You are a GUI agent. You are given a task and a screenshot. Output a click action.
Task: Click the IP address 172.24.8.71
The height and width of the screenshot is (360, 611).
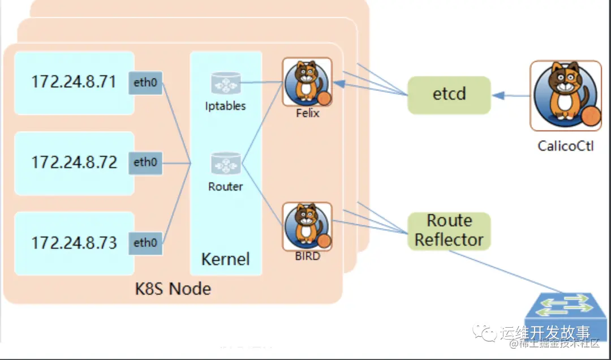click(74, 82)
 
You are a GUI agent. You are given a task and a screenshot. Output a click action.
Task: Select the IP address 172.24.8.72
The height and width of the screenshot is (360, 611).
click(74, 162)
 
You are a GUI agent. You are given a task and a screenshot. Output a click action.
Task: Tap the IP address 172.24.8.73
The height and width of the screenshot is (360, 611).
click(74, 243)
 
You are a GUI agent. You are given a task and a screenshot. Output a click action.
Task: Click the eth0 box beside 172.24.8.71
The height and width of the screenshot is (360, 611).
click(145, 83)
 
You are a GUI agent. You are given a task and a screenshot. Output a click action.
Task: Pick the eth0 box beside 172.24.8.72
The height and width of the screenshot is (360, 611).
click(145, 162)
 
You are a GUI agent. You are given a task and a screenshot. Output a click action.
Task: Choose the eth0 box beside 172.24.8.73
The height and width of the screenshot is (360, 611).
click(145, 243)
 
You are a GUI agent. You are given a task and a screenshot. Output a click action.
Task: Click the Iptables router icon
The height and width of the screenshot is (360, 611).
click(226, 83)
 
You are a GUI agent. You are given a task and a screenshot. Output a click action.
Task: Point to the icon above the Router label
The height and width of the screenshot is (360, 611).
click(226, 164)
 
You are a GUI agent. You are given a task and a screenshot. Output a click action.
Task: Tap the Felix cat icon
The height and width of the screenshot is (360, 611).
click(307, 83)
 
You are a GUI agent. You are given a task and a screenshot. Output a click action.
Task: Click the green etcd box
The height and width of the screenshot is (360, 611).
click(449, 94)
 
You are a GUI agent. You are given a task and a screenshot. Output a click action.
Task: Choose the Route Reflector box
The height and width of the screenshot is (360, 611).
click(449, 230)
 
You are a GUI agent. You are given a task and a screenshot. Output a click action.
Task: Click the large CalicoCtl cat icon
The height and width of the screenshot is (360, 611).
click(565, 95)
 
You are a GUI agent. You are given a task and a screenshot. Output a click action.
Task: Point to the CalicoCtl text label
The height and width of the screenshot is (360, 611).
click(565, 146)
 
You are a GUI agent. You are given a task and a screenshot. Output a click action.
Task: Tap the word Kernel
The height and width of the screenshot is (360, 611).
click(225, 259)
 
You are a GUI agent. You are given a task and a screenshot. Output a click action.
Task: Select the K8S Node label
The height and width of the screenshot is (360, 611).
click(173, 289)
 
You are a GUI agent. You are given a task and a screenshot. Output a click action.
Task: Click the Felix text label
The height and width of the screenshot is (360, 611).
click(308, 113)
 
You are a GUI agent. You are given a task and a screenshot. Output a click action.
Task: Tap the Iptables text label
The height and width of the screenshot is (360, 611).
click(226, 106)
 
